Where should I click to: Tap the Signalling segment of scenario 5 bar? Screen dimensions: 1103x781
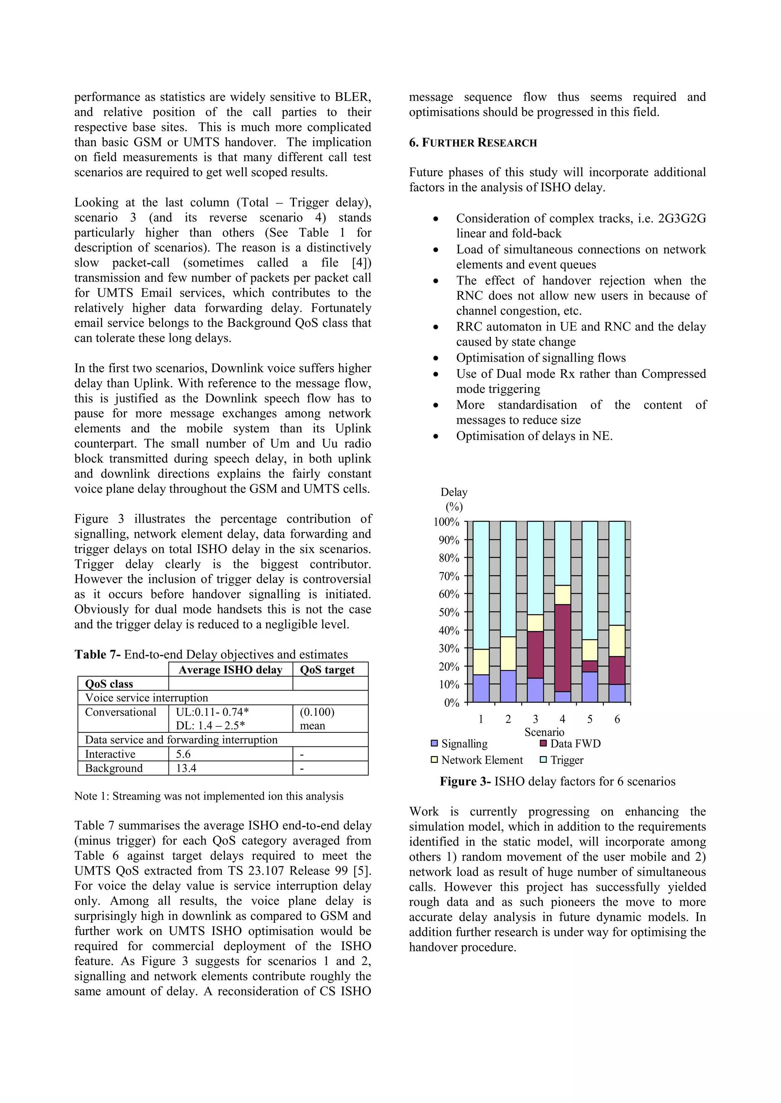590,687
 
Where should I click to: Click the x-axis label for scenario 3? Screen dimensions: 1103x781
535,719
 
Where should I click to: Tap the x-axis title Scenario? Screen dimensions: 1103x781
544,732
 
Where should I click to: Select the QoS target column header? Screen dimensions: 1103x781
327,670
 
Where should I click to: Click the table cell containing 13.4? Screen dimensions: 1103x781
186,768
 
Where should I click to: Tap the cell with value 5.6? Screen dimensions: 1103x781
183,754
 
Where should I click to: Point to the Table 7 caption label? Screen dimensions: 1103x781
98,654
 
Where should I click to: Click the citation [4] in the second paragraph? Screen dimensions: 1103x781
361,263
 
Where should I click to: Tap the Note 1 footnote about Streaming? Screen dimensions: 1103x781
209,796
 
